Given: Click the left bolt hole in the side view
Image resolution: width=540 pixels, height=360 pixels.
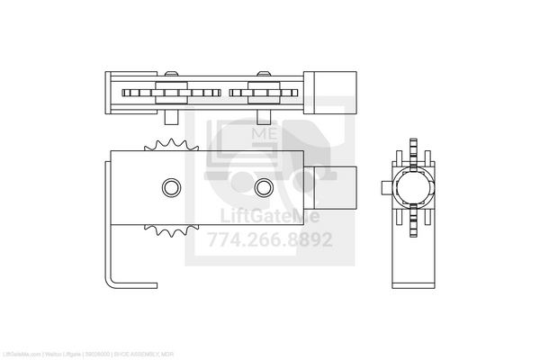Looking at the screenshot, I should pos(170,186).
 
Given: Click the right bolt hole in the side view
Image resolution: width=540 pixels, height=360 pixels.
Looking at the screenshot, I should pos(263,186).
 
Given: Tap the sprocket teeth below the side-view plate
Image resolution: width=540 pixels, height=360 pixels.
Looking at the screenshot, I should pos(165,231).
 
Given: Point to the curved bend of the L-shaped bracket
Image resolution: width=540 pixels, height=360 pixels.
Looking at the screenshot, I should pos(113,280).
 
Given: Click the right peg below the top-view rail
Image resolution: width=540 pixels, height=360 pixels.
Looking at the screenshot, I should pos(264,115).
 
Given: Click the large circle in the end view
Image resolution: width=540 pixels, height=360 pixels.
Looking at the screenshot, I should pos(415,186).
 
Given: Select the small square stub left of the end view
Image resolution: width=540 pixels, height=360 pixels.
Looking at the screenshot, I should pos(388,186).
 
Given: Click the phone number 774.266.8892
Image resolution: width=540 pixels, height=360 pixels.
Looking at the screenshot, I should pos(270,240).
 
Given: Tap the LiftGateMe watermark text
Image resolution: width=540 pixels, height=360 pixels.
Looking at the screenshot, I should pos(270,217).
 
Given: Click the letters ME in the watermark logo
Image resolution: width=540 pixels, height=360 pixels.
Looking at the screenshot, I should pos(265,132).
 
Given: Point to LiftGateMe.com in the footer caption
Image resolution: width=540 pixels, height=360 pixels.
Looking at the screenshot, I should pos(22,354).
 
